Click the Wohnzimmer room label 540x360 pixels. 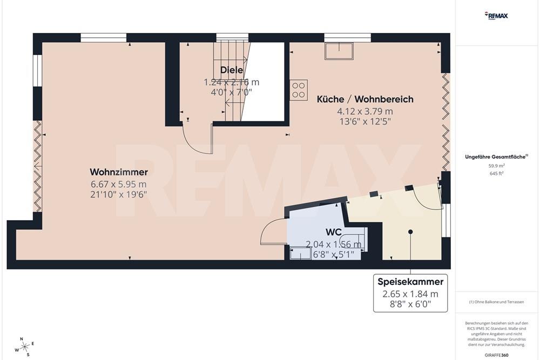118,172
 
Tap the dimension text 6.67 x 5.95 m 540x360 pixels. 118,184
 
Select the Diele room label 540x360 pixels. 231,70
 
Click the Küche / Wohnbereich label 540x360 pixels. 364,99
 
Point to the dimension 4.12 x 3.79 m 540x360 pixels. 364,111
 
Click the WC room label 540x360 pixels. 333,232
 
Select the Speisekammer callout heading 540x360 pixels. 410,282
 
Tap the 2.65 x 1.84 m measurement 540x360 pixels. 410,294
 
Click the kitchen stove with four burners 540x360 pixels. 299,90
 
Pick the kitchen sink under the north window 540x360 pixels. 339,51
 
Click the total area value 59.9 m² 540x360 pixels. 496,166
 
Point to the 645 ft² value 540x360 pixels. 496,173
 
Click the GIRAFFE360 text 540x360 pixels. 496,355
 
